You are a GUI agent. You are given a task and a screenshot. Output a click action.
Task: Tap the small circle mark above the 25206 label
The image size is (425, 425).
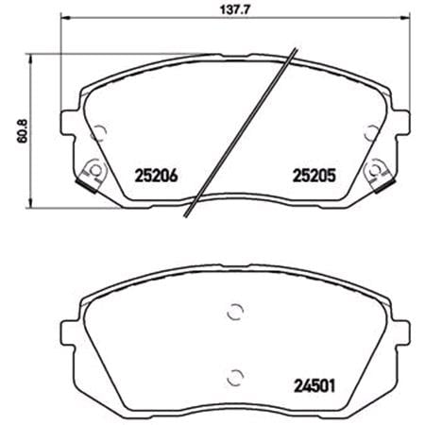pyautogui.click(x=102, y=131)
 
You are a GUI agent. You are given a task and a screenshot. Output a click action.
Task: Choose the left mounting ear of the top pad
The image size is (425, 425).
pyautogui.click(x=68, y=124)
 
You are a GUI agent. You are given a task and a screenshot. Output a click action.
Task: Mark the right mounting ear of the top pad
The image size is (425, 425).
pyautogui.click(x=399, y=124)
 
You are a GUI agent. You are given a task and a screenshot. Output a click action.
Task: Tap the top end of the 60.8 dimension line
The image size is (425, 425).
pyautogui.click(x=35, y=54)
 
